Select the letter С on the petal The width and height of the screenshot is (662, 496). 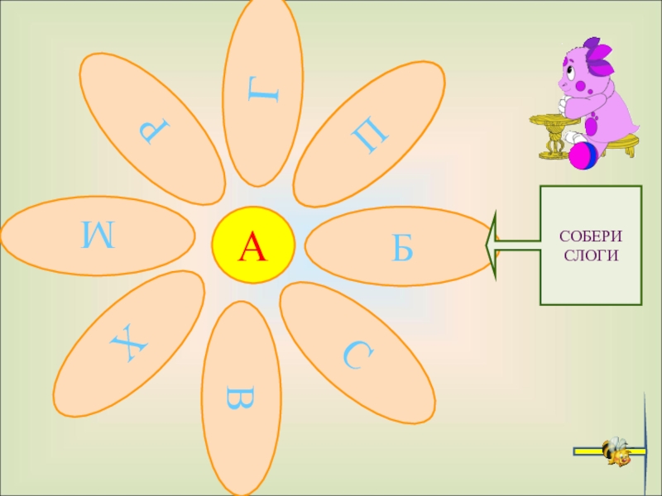tap(358, 356)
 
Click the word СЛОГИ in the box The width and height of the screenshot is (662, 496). tap(591, 255)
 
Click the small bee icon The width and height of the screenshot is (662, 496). tap(616, 451)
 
